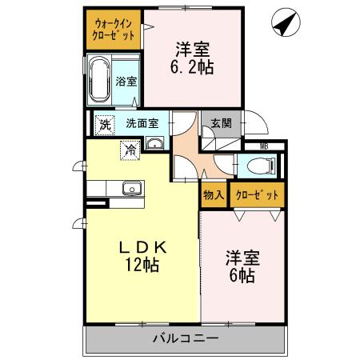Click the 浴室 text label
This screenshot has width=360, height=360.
tap(126, 81)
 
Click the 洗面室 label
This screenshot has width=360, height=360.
tap(147, 124)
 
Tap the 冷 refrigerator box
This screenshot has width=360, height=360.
tap(128, 149)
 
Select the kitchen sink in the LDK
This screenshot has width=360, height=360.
tap(130, 189)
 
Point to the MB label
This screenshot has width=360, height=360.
tap(264, 146)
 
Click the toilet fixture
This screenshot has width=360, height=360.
tap(259, 166)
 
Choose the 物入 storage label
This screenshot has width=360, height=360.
tap(213, 194)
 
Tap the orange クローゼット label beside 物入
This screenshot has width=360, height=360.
tap(257, 194)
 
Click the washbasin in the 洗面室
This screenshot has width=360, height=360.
tap(154, 144)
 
